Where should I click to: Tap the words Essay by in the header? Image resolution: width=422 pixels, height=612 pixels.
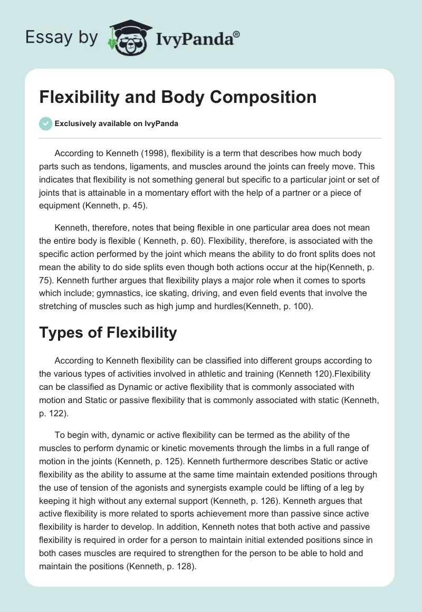coord(61,37)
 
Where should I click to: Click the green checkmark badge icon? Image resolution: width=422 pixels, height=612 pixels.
coord(45,123)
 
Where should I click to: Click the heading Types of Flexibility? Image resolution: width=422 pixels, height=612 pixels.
coord(108,332)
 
